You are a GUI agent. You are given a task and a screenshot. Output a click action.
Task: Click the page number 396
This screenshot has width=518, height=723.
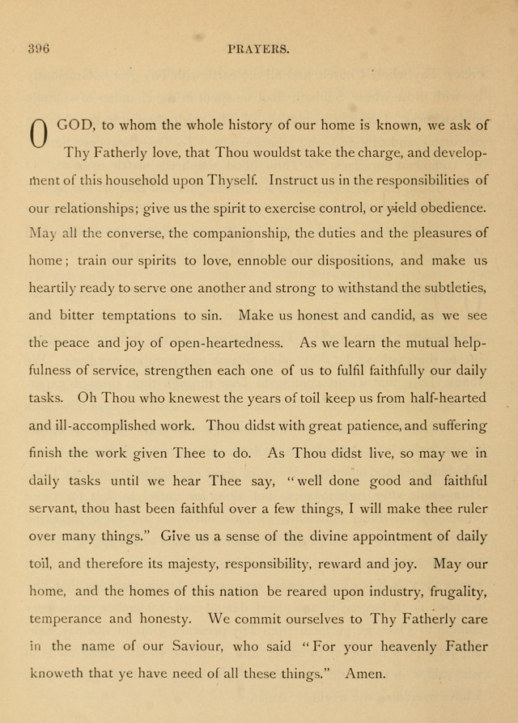point(38,49)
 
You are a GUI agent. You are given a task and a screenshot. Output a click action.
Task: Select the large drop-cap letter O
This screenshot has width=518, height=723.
point(38,134)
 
